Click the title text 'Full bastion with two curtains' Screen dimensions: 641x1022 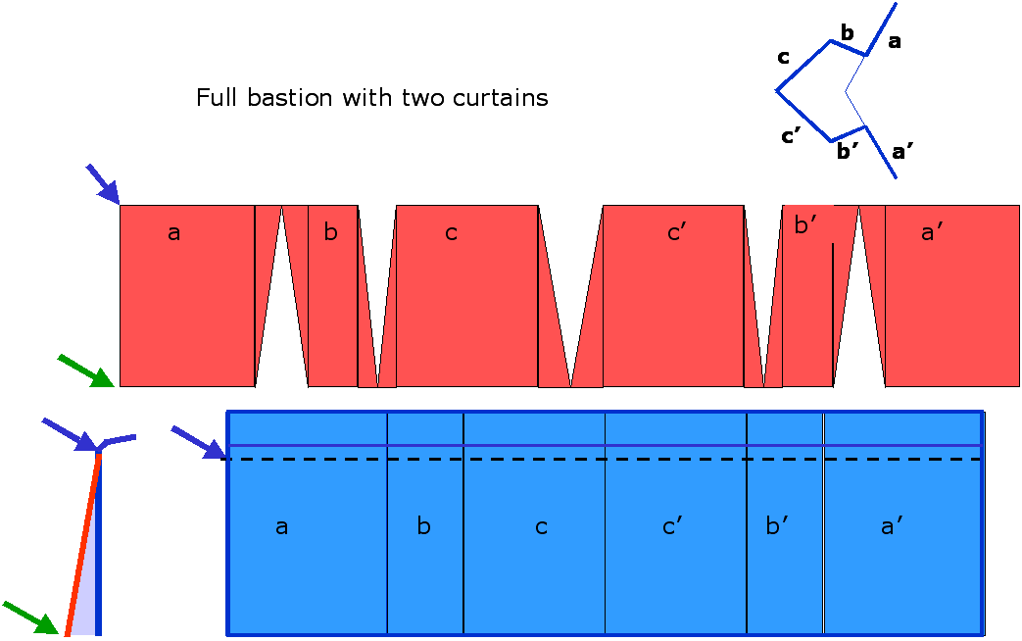point(371,98)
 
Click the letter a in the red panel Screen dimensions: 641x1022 point(174,233)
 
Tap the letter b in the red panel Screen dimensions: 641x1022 point(330,232)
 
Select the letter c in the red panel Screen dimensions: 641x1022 point(451,233)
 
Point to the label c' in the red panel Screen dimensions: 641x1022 point(677,233)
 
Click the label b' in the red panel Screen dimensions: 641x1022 point(806,226)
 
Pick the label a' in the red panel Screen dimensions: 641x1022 point(932,233)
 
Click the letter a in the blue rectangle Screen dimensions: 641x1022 point(281,527)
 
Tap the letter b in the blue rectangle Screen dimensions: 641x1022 point(423,526)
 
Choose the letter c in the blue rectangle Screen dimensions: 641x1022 point(541,527)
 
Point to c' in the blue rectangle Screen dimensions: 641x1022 point(672,527)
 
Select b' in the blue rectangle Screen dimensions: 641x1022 point(778,526)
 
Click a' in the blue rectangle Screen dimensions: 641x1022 point(892,527)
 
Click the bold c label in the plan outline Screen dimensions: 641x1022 point(783,58)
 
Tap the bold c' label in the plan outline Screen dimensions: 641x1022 point(793,136)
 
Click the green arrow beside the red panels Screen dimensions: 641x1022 point(86,370)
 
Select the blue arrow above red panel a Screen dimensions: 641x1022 point(102,183)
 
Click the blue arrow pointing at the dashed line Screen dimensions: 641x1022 point(198,441)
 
